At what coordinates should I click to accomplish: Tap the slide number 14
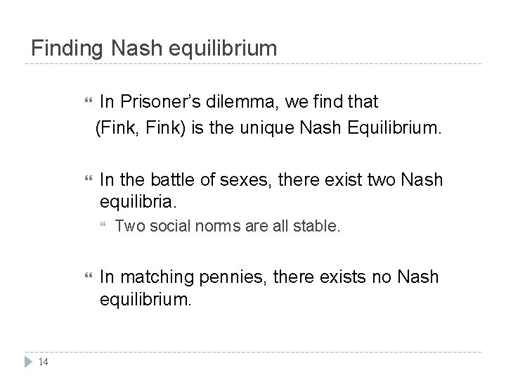43,362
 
